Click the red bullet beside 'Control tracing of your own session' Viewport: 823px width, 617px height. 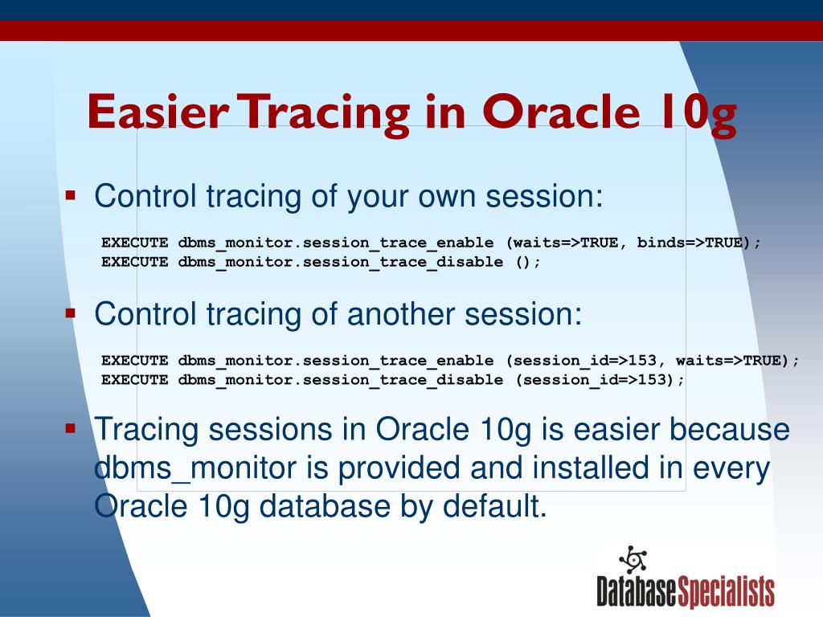[x=71, y=195]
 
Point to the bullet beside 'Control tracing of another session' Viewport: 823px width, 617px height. [x=71, y=313]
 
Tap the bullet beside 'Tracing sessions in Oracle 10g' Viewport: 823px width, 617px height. [x=71, y=429]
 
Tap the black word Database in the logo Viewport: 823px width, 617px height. [x=637, y=591]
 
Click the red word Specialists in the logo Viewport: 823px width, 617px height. [x=727, y=591]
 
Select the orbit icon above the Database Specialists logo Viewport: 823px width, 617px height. [x=633, y=559]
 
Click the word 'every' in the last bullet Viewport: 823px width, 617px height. [x=730, y=468]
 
